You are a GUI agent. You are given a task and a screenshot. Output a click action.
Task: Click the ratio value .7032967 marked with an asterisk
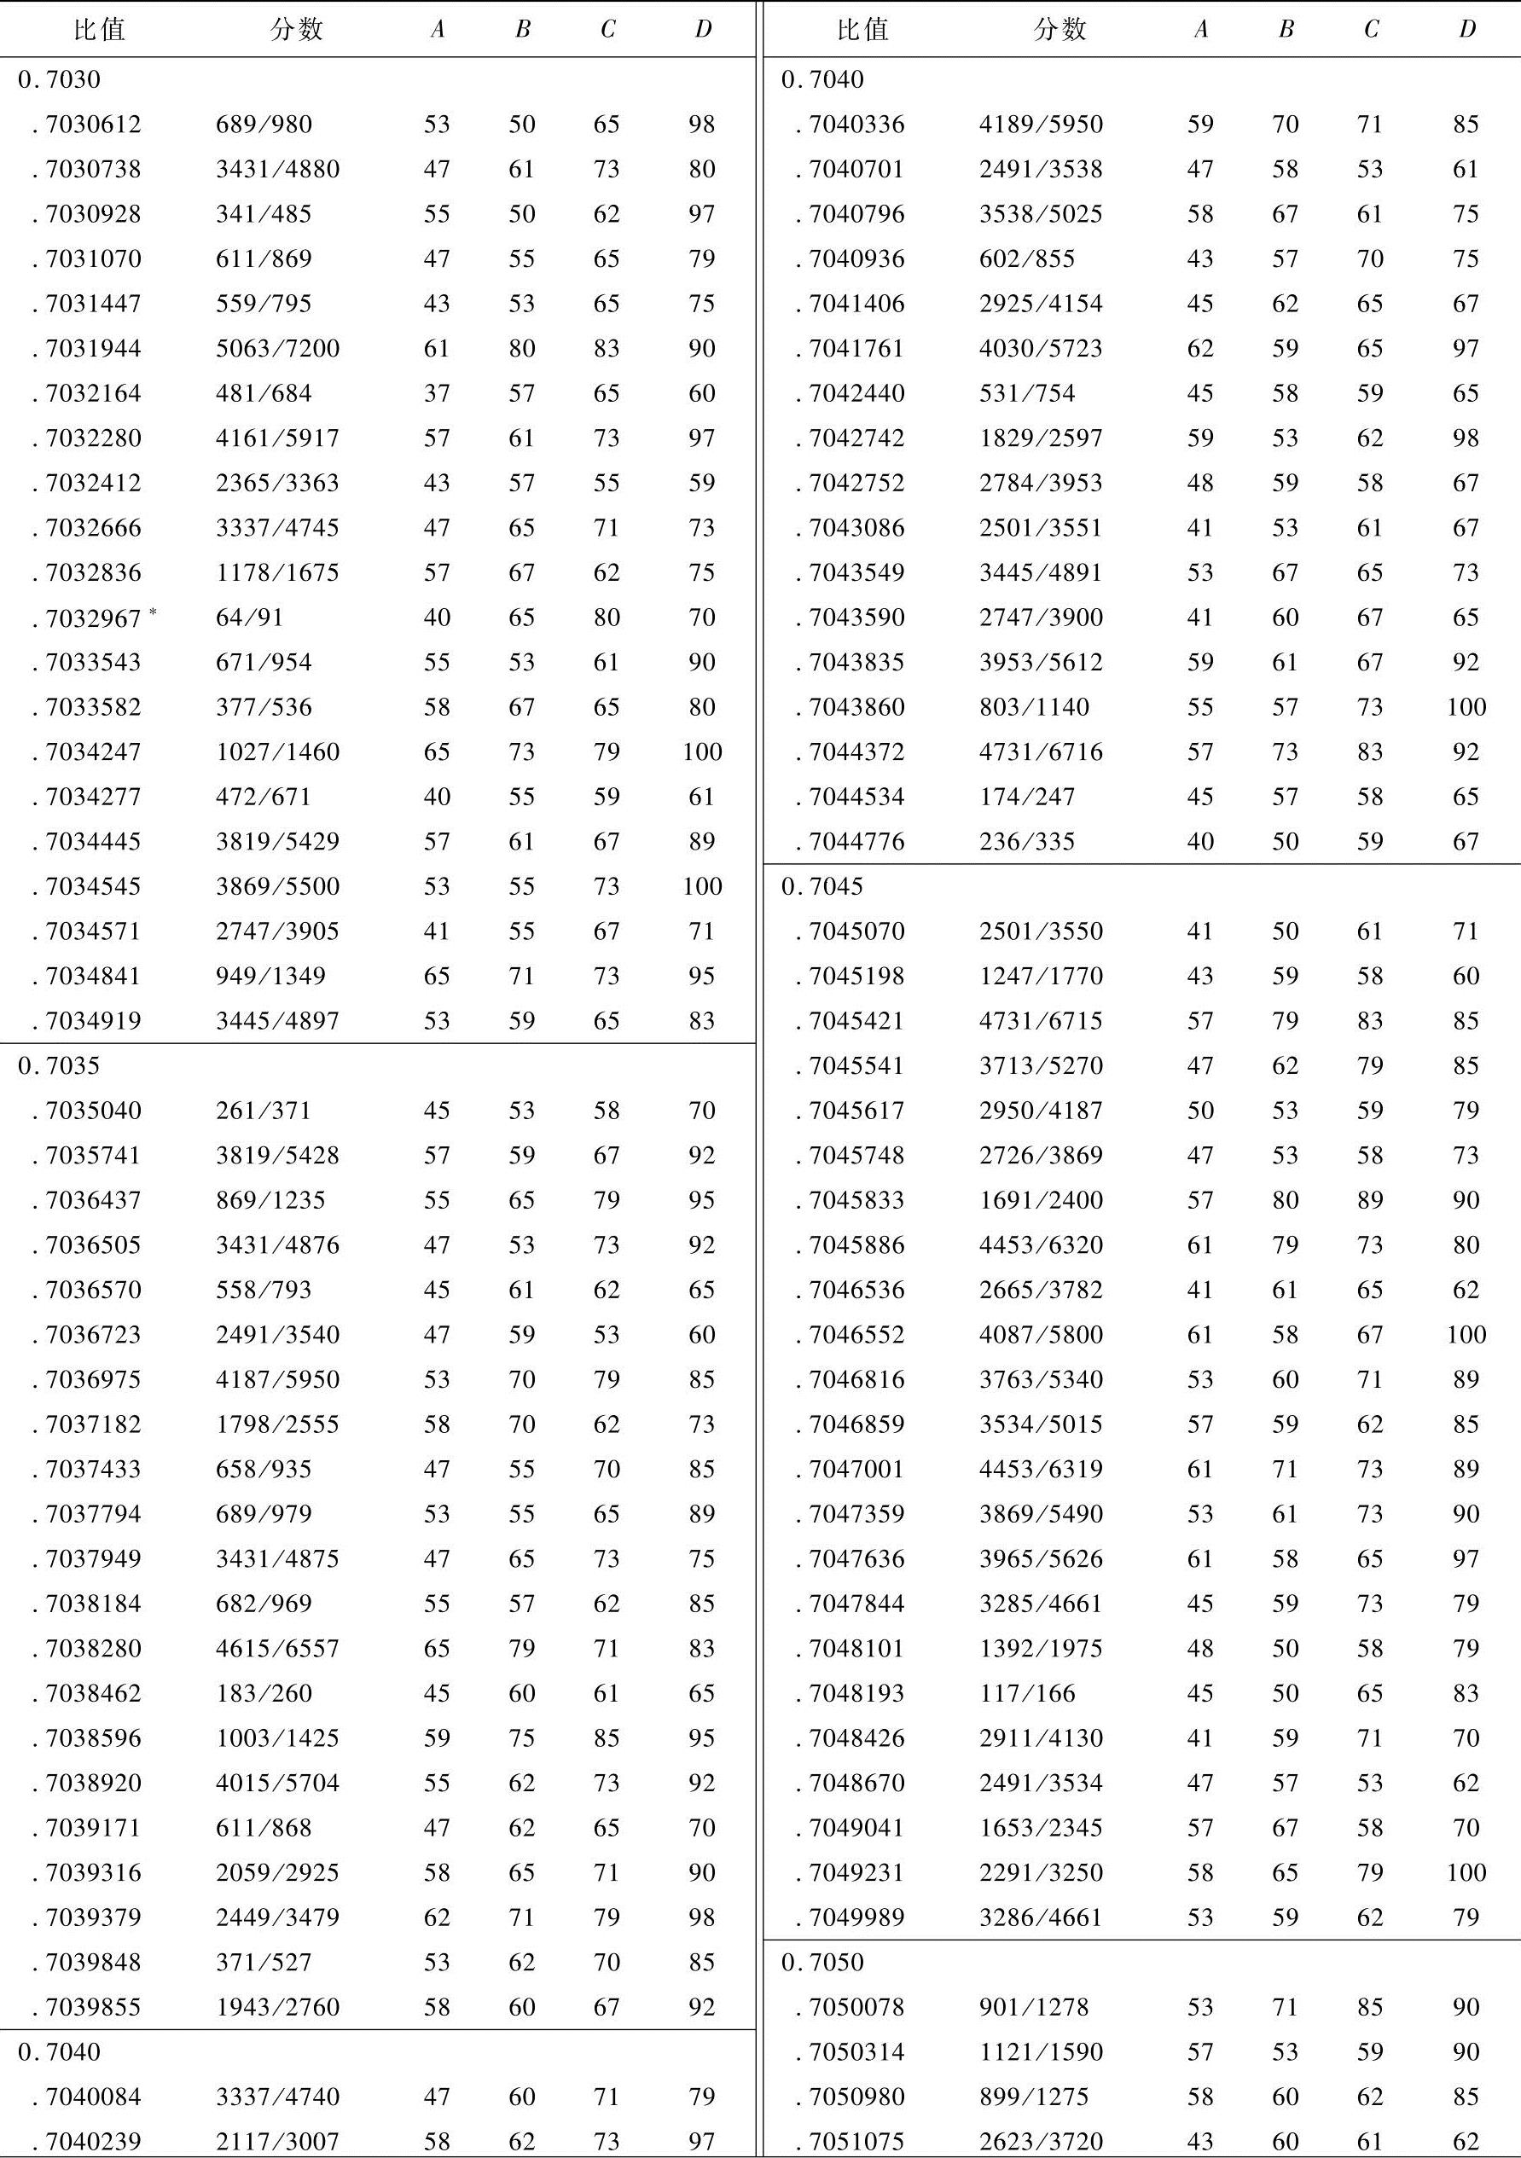92,618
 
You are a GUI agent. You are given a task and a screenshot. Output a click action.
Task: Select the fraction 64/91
249,618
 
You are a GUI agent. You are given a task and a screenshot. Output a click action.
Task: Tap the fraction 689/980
264,124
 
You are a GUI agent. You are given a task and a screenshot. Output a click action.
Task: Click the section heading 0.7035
58,1066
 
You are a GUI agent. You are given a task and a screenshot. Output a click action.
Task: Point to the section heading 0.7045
821,886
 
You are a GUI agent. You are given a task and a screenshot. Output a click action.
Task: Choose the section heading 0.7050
821,1963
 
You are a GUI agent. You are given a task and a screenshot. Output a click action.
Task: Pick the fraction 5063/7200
277,349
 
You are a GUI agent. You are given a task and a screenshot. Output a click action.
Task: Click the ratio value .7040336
856,124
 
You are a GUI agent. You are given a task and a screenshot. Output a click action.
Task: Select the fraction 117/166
1026,1693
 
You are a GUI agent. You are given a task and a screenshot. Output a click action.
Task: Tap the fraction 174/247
1026,797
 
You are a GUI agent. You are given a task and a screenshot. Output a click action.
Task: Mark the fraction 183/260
264,1693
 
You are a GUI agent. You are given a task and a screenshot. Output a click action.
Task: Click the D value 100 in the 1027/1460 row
702,752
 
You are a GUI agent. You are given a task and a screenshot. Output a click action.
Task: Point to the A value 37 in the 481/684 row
436,393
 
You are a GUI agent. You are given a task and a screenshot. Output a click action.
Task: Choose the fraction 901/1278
1033,2007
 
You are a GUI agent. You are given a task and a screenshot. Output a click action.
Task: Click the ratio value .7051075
856,2141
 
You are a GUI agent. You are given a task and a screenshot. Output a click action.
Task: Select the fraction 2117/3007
277,2141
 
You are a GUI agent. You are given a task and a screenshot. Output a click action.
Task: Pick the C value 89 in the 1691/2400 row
1370,1200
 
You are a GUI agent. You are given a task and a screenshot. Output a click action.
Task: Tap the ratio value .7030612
92,124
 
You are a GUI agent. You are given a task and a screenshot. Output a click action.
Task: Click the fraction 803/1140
1033,707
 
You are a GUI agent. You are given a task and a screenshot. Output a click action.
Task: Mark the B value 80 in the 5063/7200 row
522,349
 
